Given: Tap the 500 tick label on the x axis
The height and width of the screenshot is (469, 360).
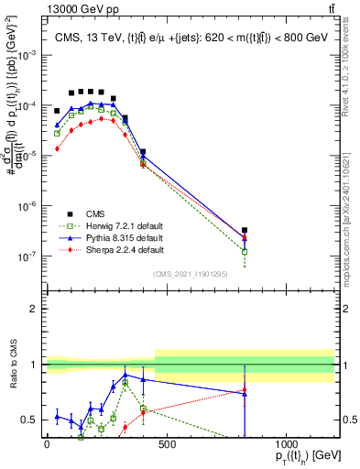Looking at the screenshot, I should (166, 443).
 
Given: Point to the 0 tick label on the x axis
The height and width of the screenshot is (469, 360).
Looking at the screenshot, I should (47, 443).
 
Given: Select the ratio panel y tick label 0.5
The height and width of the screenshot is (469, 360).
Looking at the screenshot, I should (29, 420).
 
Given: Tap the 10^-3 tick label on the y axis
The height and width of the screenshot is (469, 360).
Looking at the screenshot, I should (27, 56).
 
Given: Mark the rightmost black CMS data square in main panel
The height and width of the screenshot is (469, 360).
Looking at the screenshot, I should (245, 231).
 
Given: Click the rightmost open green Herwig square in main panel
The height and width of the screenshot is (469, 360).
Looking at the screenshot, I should (245, 251).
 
